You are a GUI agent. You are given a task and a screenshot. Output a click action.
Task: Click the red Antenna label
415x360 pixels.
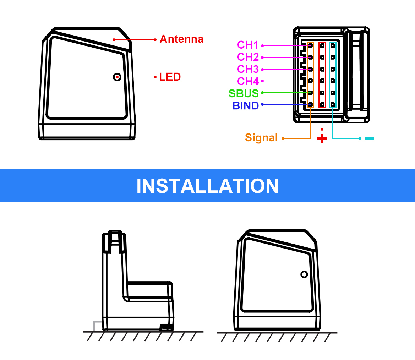[181, 39]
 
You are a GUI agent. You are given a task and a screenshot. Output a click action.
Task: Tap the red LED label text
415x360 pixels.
[170, 77]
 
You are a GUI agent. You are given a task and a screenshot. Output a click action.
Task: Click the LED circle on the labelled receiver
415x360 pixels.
[117, 77]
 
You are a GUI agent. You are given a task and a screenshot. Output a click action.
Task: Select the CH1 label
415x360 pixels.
[248, 45]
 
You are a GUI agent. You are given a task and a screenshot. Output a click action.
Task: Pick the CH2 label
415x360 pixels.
[248, 57]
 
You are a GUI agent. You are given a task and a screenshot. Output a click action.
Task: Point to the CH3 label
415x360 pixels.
[248, 69]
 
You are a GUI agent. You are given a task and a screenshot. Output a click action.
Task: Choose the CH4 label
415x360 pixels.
[248, 81]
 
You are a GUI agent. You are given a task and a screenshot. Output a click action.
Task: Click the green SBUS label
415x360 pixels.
[244, 93]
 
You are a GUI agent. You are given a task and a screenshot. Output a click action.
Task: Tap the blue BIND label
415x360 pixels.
[245, 105]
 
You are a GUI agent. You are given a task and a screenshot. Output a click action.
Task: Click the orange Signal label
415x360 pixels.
[261, 138]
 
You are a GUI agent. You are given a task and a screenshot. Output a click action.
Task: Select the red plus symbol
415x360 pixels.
[322, 138]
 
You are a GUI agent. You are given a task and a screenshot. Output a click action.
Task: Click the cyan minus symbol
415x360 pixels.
[369, 138]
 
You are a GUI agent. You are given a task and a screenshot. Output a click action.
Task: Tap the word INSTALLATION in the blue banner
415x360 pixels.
[207, 186]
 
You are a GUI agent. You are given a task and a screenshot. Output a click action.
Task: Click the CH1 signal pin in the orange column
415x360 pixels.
[310, 45]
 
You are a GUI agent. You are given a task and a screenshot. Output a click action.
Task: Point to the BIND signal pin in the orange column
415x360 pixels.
[310, 105]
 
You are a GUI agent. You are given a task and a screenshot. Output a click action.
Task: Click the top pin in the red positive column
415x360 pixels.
[322, 45]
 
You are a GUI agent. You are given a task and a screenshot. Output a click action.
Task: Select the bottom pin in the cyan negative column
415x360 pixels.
[333, 105]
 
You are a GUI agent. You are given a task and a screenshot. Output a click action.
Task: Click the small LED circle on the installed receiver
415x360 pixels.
[304, 274]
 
